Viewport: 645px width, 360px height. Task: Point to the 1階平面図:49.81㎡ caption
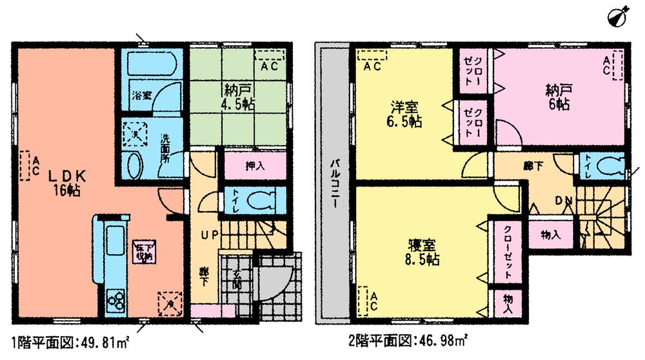click(x=70, y=341)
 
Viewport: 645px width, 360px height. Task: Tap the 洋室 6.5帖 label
click(x=405, y=114)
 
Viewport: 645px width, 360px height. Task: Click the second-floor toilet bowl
click(x=609, y=166)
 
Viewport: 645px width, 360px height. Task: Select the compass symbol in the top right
click(x=617, y=16)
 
